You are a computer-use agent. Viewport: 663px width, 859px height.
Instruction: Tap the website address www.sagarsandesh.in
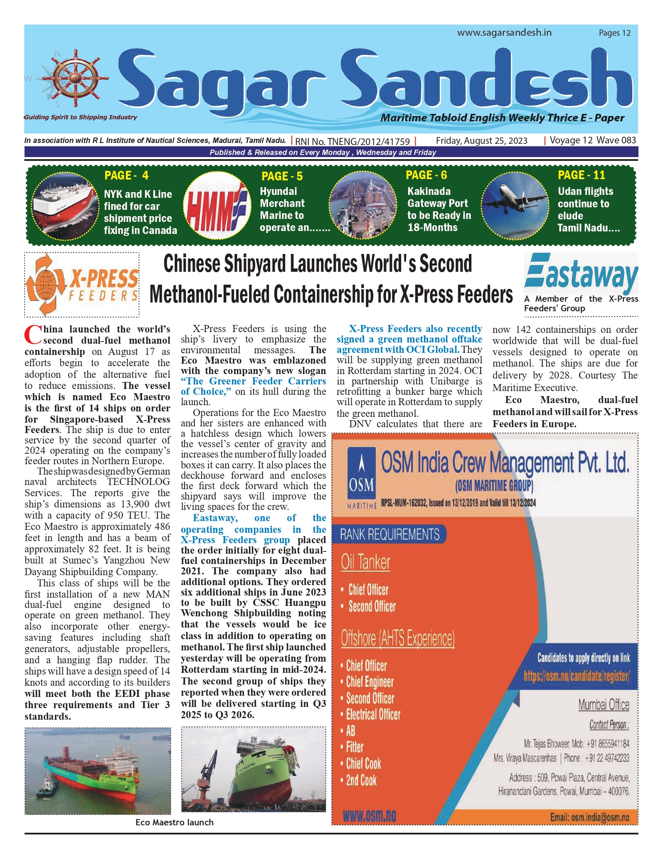(504, 32)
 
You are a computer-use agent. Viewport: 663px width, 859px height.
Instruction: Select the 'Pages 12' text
(614, 33)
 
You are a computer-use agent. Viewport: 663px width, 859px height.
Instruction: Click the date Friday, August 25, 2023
(481, 140)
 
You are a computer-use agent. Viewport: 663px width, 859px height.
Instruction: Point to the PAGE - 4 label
(126, 175)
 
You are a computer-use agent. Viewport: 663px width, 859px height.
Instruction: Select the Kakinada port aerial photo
(362, 205)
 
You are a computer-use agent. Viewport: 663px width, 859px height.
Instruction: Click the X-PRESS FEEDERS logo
(82, 285)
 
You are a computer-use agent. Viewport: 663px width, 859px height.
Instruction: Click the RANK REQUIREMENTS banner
(389, 534)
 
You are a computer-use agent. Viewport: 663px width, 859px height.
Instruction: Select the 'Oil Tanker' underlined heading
(365, 562)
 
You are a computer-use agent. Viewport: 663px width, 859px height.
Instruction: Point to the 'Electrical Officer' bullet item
(373, 714)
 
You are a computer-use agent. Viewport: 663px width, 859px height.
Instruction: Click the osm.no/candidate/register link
(576, 676)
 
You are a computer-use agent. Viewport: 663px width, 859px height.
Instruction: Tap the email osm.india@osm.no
(589, 817)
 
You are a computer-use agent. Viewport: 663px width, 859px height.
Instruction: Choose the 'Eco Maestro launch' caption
(175, 822)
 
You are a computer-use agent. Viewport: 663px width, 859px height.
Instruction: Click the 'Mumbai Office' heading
(604, 705)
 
